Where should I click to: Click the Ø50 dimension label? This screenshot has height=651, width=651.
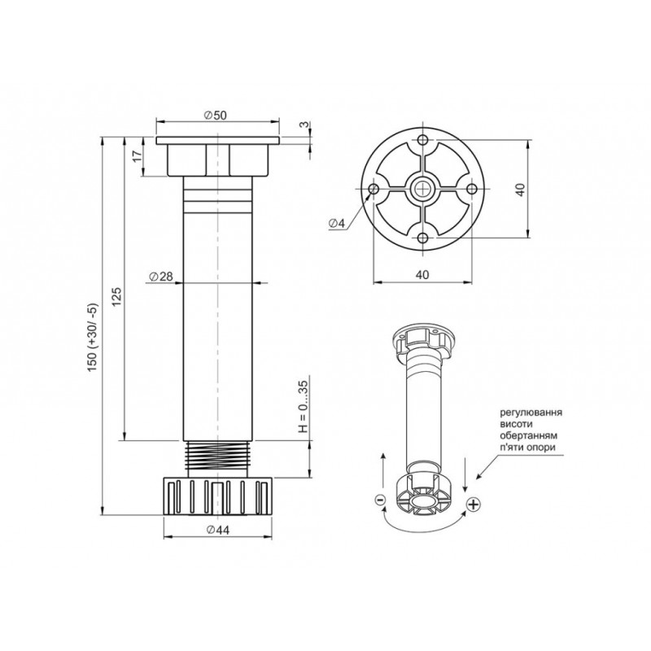coord(216,115)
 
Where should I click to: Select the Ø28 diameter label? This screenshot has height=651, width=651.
coord(160,276)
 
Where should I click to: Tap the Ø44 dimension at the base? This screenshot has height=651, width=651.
coord(217,530)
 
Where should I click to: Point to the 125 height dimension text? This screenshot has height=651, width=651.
coord(117,296)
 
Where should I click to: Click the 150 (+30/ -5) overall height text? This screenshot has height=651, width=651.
coord(92,337)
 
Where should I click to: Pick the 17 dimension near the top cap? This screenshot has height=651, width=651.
coord(138,155)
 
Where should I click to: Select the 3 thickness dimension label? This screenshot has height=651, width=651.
coord(304,125)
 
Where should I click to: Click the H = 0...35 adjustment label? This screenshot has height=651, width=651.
coord(304,407)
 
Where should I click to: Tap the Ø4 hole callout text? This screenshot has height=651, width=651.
coord(337,223)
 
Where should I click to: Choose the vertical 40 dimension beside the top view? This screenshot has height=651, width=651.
coord(521,189)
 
